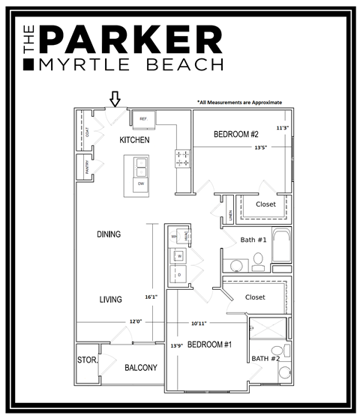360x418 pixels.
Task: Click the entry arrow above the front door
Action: point(115,99)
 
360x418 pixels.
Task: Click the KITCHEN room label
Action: point(134,140)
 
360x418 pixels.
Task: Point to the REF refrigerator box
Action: point(142,118)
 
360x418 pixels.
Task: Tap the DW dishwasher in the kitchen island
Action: point(140,183)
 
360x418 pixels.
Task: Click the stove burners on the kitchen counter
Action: point(182,157)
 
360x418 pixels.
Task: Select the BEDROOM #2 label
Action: point(235,135)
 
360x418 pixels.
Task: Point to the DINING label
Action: point(109,234)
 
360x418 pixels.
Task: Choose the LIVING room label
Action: point(110,300)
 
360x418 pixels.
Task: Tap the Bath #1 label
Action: point(253,240)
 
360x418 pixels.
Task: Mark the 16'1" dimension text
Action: point(151,297)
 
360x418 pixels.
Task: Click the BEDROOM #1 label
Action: point(209,345)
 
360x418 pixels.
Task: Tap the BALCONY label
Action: point(140,367)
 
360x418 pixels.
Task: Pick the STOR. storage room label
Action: point(87,360)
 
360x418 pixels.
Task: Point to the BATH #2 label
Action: point(265,358)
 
